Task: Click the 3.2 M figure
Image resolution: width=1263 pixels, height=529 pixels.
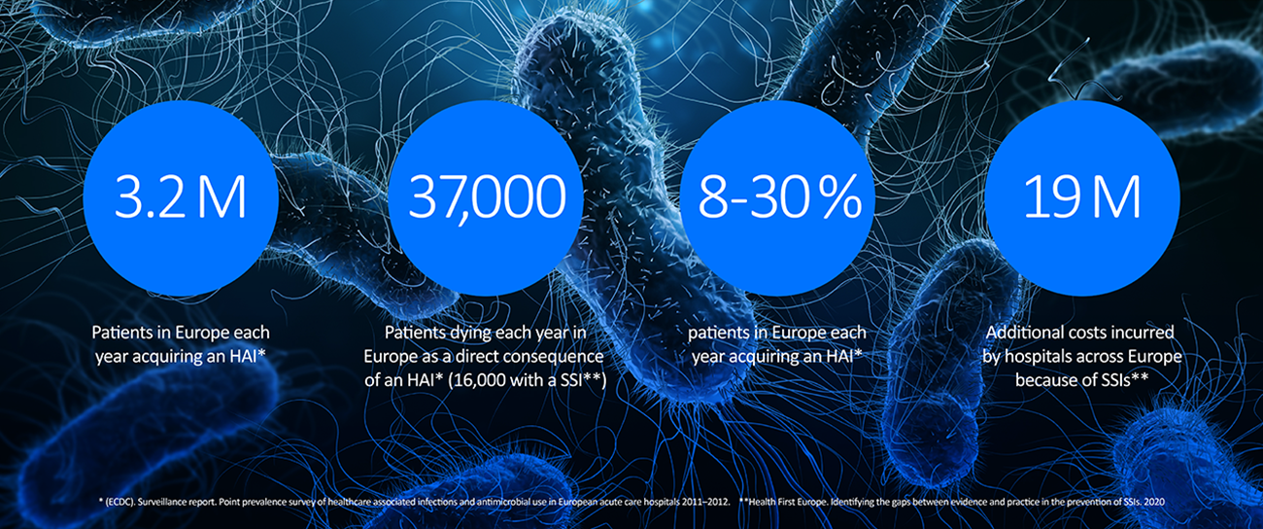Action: [x=181, y=196]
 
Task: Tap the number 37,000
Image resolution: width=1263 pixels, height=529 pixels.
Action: [x=487, y=197]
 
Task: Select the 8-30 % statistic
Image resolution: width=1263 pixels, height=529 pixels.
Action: [x=780, y=196]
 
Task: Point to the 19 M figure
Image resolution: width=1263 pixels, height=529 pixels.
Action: [x=1082, y=196]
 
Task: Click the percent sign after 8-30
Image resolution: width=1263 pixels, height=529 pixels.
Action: [x=841, y=196]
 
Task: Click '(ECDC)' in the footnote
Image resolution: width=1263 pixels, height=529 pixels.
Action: [x=119, y=502]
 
